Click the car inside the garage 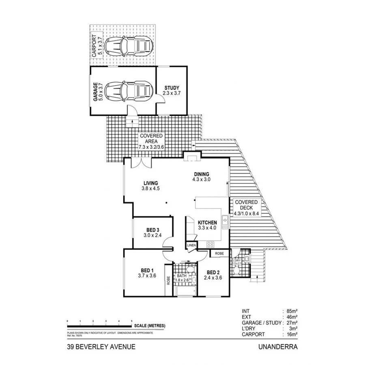[128, 92]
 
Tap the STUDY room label [172, 88]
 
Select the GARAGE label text [96, 92]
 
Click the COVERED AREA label [151, 136]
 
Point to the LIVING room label [150, 182]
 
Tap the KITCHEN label [207, 223]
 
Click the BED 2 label [213, 272]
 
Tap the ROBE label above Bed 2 [219, 253]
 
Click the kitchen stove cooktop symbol [211, 244]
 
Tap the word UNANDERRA [277, 347]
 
